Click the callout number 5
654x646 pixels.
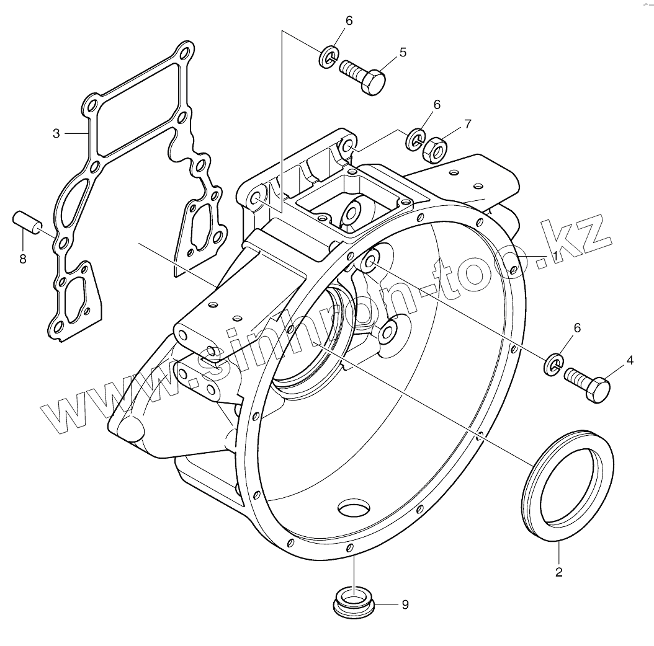[x=403, y=53]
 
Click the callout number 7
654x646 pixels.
[x=467, y=124]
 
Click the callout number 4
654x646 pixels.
[x=630, y=360]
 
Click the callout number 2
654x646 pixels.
[x=558, y=572]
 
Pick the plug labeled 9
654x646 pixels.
[x=352, y=601]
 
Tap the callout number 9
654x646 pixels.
[x=405, y=604]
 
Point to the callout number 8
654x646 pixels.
[x=23, y=259]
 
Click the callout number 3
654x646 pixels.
[x=56, y=133]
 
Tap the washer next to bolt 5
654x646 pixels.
[x=329, y=57]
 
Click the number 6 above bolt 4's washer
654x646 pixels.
[x=577, y=328]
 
